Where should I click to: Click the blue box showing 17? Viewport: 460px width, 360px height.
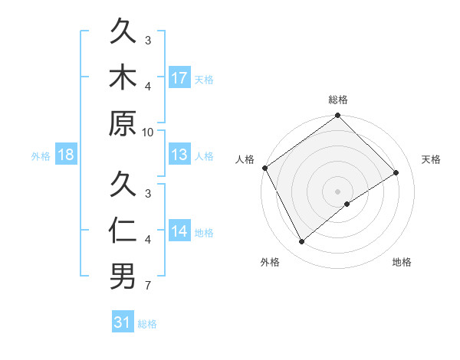click(179, 77)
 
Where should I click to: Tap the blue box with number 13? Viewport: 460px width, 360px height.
click(179, 155)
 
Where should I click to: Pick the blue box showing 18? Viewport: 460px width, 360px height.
click(66, 155)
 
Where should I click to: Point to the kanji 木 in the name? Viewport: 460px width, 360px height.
click(123, 77)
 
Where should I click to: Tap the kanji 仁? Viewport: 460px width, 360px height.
click(123, 231)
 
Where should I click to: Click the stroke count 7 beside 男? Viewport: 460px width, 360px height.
click(148, 286)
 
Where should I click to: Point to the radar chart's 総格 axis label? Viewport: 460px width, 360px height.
click(337, 100)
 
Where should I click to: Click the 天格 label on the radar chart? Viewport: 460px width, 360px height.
click(432, 159)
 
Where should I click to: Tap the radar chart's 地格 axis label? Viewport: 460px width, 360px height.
click(402, 263)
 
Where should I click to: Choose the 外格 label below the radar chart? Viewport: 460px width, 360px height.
click(270, 263)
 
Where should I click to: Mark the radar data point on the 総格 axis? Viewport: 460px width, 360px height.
click(337, 116)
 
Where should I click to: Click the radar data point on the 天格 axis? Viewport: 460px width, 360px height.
click(396, 172)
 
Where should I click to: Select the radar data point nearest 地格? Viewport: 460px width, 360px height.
click(347, 204)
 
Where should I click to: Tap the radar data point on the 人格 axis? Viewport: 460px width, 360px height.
click(264, 168)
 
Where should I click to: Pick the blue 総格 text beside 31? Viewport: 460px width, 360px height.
click(147, 324)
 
